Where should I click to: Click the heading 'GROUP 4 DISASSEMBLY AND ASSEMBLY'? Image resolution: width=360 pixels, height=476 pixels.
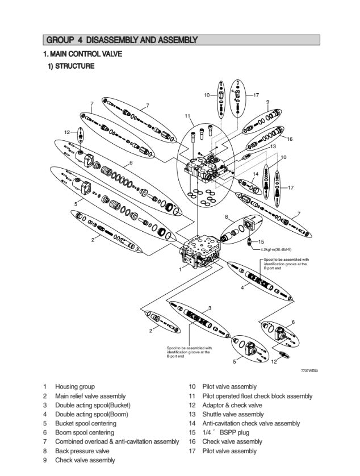[122, 40]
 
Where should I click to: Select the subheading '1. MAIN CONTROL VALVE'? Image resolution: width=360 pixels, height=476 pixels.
[83, 55]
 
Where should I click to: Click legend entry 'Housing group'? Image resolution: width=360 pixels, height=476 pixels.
[75, 387]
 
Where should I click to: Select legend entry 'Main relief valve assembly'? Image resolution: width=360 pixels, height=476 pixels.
[90, 396]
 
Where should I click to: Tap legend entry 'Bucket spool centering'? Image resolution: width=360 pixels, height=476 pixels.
[85, 423]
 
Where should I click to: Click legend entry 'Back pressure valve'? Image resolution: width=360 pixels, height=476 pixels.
[82, 451]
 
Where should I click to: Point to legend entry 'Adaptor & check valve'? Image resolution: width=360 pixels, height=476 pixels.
[232, 405]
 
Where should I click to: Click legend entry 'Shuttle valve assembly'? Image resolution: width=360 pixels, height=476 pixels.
[233, 414]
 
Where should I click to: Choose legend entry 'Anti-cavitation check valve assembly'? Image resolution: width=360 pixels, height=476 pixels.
[251, 423]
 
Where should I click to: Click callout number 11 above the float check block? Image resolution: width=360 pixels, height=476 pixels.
[187, 116]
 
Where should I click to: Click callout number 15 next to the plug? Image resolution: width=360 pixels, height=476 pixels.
[261, 241]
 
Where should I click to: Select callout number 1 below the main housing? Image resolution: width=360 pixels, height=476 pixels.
[180, 270]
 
